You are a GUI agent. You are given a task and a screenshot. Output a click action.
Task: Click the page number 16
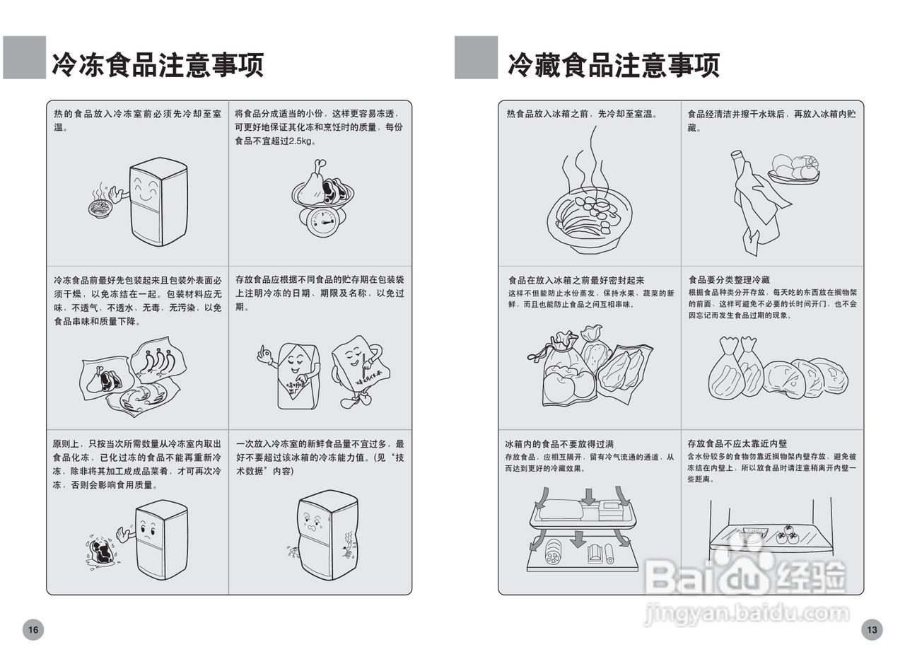pos(33,629)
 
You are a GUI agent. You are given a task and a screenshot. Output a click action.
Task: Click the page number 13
pos(872,629)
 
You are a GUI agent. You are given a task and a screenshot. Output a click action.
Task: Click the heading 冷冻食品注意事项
pos(157,64)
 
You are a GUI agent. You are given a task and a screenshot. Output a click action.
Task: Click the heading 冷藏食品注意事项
pos(613,64)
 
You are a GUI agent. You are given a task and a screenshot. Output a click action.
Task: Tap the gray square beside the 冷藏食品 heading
pos(476,57)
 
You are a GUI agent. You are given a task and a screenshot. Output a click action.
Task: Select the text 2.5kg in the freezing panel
pos(296,141)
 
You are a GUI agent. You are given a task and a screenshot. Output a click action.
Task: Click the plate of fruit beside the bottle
pos(793,170)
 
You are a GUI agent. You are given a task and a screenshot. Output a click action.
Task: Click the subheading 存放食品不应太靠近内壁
pos(737,444)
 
